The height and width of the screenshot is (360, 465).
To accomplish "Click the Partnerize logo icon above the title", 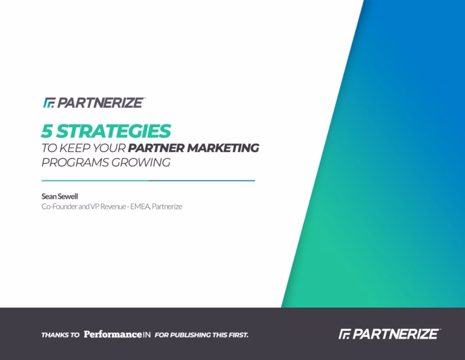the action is (x=49, y=102).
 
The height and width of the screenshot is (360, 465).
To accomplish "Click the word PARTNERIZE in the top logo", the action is (x=100, y=102).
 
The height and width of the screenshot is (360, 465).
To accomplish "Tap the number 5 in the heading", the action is (x=47, y=131).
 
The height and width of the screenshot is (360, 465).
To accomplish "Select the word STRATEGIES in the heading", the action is (x=114, y=131).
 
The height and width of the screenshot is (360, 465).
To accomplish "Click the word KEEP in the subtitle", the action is (x=74, y=148).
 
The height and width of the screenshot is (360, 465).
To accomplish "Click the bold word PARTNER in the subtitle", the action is (x=157, y=148).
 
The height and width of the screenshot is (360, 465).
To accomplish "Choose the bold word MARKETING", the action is (x=223, y=148).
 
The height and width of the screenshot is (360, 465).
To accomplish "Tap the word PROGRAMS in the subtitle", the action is (x=75, y=162).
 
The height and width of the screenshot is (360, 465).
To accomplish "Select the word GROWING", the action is (x=141, y=162).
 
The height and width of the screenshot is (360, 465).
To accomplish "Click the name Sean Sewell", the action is (x=59, y=196).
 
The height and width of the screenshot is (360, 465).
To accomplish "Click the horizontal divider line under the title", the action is (x=148, y=181).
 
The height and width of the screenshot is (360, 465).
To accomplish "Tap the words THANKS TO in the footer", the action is (x=61, y=335).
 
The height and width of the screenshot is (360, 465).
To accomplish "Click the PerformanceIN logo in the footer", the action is (x=117, y=335).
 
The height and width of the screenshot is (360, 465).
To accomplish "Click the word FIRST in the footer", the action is (x=239, y=335).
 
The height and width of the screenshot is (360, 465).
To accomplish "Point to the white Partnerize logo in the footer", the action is (x=389, y=334).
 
